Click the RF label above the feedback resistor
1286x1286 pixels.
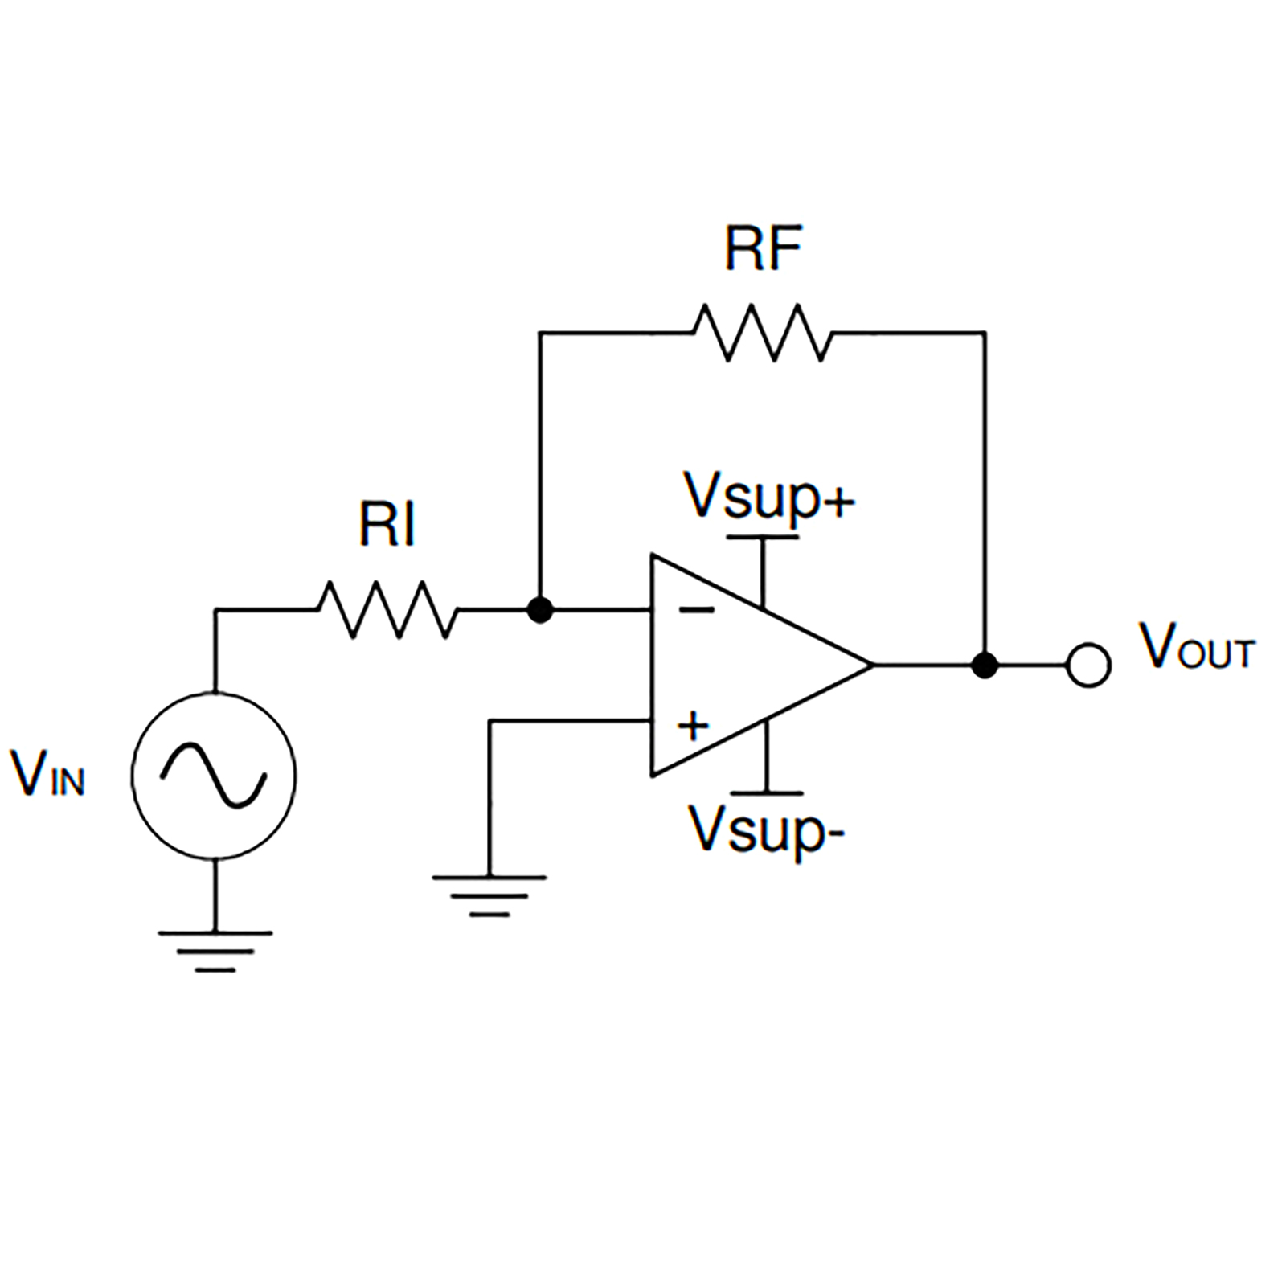coord(763,249)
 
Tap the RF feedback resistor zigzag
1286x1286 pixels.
coord(762,332)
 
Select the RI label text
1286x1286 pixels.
coord(387,525)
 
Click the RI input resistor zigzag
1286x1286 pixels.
coord(388,610)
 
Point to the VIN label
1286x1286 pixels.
coord(47,773)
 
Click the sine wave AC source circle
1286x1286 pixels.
coord(214,776)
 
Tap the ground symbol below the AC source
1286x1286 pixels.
coord(215,950)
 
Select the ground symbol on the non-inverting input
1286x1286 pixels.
coord(489,895)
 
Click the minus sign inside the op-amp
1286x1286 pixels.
coord(696,611)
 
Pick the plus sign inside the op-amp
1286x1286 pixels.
coord(693,726)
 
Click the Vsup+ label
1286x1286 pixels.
coord(768,497)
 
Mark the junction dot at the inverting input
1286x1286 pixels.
coord(540,610)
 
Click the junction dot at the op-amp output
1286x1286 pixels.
coord(985,665)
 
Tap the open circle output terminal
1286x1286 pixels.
coord(1088,665)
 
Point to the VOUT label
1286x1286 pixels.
coord(1196,648)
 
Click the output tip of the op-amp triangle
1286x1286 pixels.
coord(871,665)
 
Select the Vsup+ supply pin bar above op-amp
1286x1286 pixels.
coord(762,537)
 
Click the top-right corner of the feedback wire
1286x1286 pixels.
coord(985,332)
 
